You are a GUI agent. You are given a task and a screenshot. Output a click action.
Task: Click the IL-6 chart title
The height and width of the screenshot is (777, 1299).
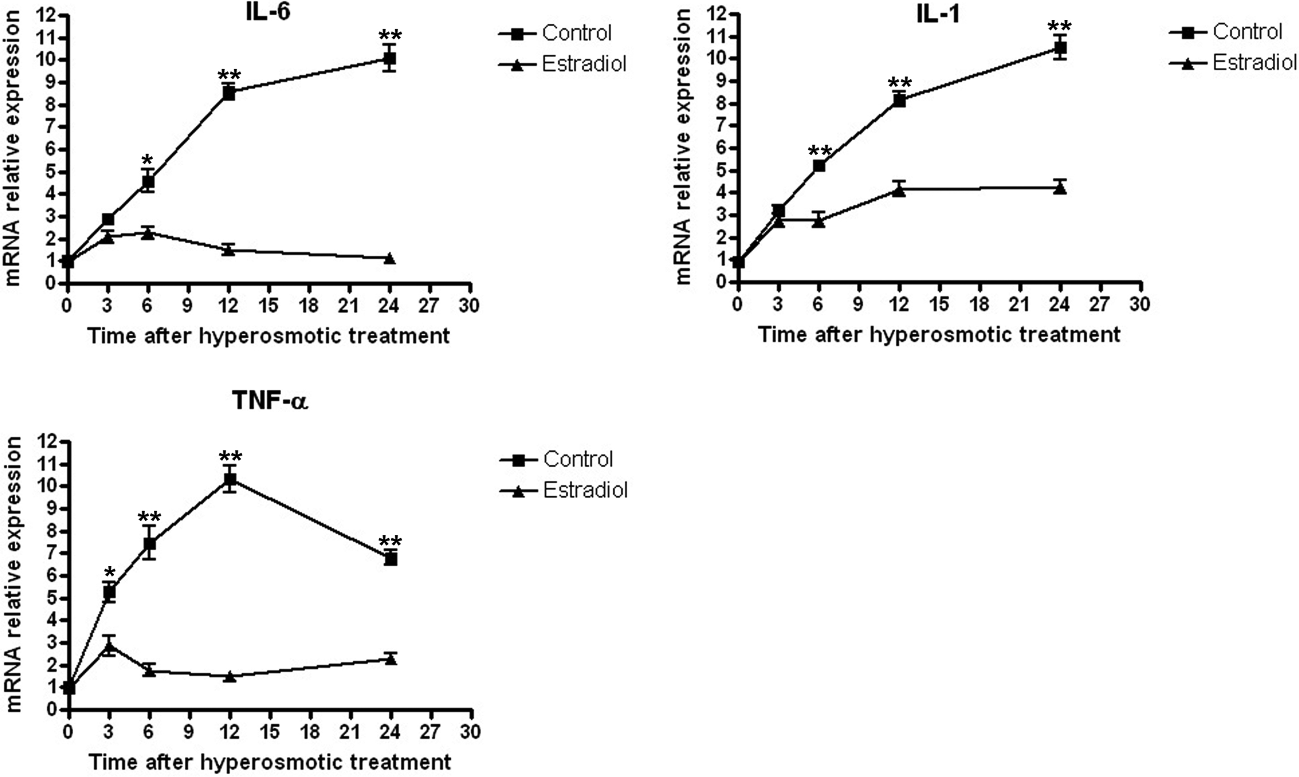pos(268,12)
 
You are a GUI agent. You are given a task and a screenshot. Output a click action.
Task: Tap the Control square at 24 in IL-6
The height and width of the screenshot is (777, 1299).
pos(389,58)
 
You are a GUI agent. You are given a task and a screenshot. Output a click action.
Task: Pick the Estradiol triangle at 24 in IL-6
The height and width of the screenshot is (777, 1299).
pos(389,258)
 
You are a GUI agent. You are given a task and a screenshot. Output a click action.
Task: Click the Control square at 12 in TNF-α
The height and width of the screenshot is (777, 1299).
pos(229,479)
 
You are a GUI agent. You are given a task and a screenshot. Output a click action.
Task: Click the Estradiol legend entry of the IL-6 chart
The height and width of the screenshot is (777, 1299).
pos(584,64)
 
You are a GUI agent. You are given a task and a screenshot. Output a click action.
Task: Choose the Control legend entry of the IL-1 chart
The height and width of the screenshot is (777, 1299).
pos(1247,32)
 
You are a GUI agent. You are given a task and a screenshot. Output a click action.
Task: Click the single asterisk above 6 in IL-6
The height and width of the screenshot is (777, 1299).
pos(147,160)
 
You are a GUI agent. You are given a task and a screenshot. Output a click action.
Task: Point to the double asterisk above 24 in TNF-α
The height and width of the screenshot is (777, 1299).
pos(390,541)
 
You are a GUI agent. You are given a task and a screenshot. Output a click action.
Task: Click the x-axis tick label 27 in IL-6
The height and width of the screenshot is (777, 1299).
pos(429,305)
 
